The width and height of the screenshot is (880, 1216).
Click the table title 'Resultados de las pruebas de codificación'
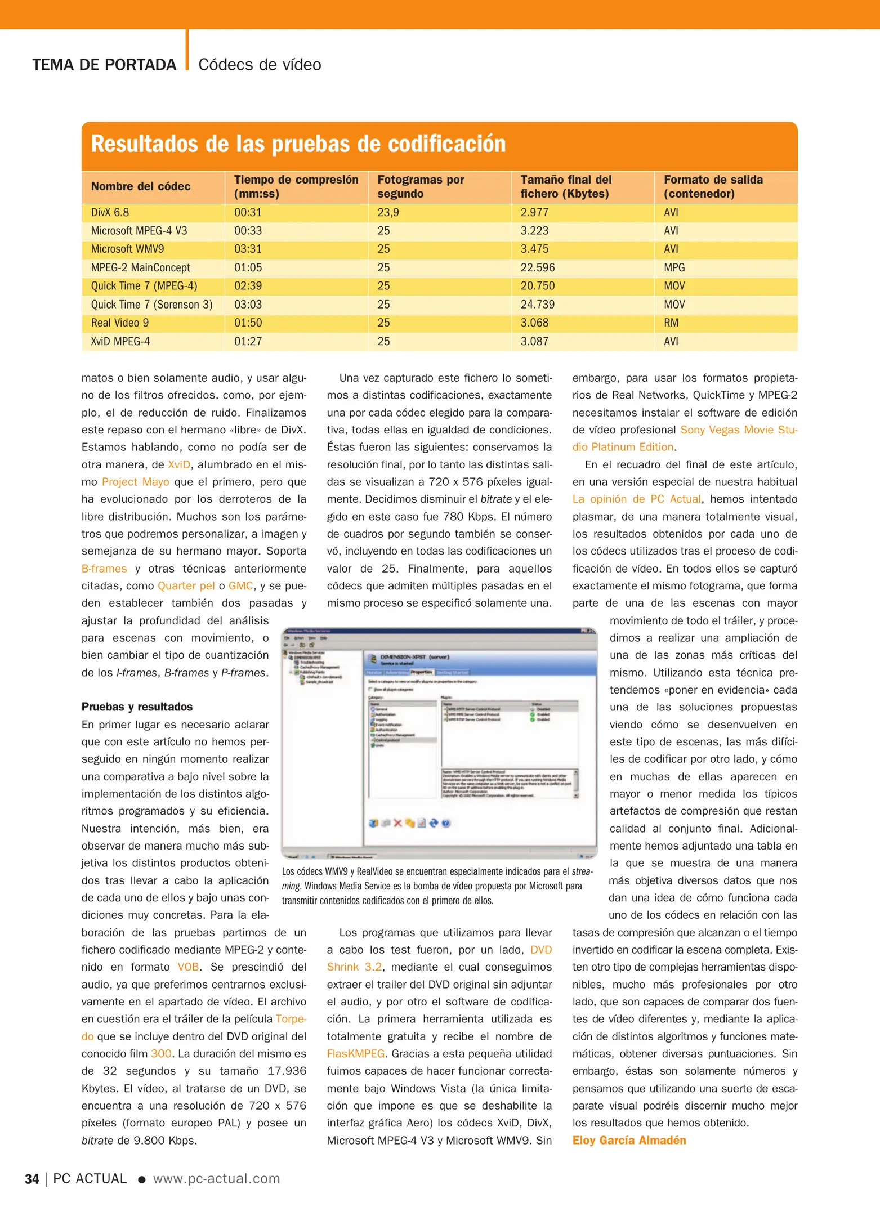(298, 144)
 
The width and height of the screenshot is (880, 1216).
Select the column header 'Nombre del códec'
(141, 186)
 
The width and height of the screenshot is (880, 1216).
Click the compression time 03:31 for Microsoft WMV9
(248, 249)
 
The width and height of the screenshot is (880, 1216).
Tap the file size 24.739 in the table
(537, 305)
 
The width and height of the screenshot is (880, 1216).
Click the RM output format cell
(671, 323)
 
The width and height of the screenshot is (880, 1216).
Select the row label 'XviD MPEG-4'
(120, 342)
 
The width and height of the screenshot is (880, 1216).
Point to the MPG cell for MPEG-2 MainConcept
(674, 267)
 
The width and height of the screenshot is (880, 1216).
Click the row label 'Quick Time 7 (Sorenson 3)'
(151, 305)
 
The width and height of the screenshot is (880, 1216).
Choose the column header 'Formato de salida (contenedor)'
(713, 186)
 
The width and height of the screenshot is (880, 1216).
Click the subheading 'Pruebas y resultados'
(137, 707)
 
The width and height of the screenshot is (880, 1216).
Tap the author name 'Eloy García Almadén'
(629, 1141)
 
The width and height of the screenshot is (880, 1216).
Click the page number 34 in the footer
(32, 1179)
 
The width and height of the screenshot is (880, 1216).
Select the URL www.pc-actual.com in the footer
(216, 1179)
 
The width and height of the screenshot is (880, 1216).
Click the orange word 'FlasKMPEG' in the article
(356, 1054)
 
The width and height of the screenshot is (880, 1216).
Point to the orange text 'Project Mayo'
(135, 482)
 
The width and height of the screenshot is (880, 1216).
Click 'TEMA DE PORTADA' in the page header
(104, 65)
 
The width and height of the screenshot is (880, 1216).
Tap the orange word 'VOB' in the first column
(188, 967)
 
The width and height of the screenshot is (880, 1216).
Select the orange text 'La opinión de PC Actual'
(636, 499)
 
